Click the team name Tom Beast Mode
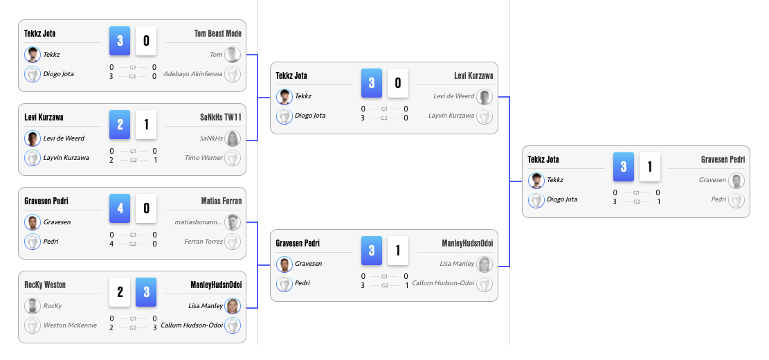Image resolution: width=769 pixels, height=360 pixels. [217, 33]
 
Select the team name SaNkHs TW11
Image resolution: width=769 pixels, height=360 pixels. [220, 118]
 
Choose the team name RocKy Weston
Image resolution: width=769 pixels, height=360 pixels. [45, 285]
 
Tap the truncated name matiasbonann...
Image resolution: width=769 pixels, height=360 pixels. [199, 222]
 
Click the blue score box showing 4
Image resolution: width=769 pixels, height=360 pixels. [120, 208]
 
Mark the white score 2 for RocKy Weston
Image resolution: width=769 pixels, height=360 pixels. [120, 292]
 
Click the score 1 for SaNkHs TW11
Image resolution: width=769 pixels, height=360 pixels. [146, 125]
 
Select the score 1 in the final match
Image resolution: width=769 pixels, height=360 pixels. [649, 167]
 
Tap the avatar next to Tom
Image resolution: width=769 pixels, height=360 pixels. [233, 54]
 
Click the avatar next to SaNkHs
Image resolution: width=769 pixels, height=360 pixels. [233, 138]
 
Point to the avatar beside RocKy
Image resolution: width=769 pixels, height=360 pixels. [32, 306]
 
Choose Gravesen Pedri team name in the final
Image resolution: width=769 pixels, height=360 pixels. [723, 159]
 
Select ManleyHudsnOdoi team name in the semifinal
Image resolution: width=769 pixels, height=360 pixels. [467, 243]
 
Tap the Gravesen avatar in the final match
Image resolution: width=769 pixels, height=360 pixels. [736, 181]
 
